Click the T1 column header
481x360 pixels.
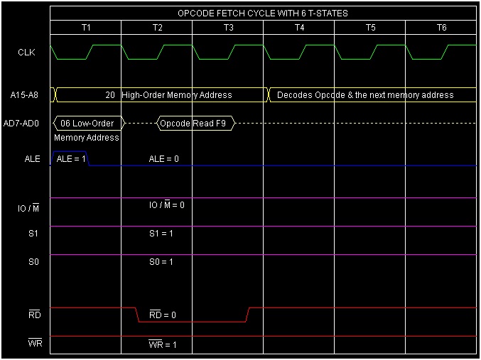pos(86,27)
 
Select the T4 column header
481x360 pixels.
pos(299,27)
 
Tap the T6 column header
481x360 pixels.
pos(441,27)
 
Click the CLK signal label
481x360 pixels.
pos(26,52)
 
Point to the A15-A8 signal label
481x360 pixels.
pos(25,94)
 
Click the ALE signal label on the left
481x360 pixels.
pos(32,159)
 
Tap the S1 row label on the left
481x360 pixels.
pos(33,234)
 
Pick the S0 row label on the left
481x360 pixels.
pos(33,262)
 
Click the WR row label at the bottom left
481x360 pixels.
pos(36,344)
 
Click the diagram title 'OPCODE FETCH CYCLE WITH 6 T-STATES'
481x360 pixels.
pos(263,13)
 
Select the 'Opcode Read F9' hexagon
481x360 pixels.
pos(195,124)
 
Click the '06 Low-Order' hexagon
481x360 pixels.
pos(87,123)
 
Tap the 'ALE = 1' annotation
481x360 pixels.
pos(70,159)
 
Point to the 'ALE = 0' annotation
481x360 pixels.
pos(163,159)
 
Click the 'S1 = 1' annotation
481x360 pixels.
pos(161,234)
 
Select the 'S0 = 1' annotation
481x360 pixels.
pos(161,262)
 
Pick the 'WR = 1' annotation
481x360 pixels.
pos(163,345)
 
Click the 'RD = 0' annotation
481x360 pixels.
pos(163,315)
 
